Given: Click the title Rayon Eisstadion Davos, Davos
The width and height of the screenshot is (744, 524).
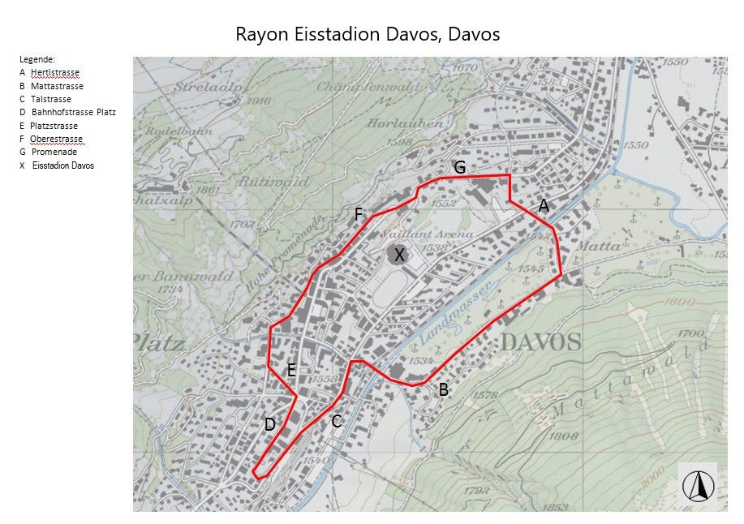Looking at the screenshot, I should [368, 34].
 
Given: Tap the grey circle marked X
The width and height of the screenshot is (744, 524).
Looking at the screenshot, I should [398, 255].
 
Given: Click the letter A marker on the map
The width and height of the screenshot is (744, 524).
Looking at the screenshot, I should [544, 207].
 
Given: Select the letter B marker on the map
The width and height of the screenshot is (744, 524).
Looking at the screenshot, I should [443, 390].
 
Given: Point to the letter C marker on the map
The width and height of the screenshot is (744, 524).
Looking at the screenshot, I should [336, 421].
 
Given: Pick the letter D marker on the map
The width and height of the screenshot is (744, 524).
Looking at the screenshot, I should [270, 424].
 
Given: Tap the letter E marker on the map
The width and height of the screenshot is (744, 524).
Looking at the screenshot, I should [291, 371].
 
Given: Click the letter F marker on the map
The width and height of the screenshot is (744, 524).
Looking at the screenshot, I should [358, 215].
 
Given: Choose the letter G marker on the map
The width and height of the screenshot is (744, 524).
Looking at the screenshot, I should [459, 168].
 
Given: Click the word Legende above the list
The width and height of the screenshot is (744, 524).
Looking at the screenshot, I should [37, 59].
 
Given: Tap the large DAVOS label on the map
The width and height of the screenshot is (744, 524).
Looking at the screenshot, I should [540, 341].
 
